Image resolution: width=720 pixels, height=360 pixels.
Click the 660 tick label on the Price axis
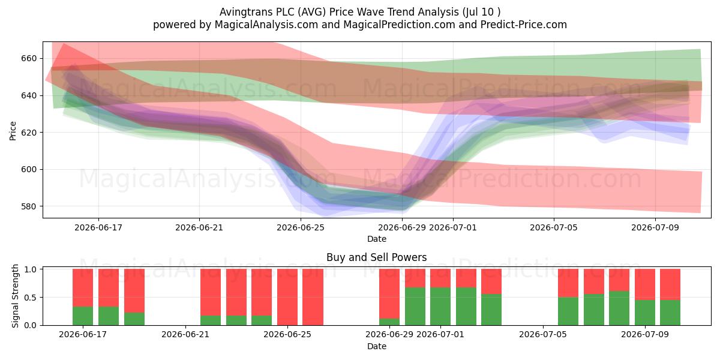[29, 59]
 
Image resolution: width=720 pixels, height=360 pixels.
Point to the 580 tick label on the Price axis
[29, 206]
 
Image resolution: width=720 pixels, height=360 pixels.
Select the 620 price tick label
[29, 133]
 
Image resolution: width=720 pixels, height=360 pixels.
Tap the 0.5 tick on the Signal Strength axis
[31, 298]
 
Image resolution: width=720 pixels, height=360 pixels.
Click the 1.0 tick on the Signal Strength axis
[31, 269]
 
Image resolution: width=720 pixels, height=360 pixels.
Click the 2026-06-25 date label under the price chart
[301, 227]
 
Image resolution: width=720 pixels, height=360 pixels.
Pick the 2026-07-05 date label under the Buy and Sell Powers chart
[543, 334]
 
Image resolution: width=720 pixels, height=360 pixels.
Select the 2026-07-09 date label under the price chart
[655, 227]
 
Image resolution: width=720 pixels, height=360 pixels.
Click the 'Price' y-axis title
[13, 131]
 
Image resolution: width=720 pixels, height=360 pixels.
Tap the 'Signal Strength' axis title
[15, 296]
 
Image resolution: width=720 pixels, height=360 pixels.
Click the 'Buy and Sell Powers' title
[376, 257]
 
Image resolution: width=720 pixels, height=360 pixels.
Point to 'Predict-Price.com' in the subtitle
[524, 25]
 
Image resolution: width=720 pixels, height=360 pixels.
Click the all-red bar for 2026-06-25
[287, 297]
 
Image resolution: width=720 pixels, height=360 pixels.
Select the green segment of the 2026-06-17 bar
[83, 316]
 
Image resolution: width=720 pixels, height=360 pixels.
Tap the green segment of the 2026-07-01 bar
[440, 307]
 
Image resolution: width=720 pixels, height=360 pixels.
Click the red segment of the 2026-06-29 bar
[389, 294]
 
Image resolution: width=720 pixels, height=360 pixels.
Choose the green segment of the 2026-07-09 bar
[645, 313]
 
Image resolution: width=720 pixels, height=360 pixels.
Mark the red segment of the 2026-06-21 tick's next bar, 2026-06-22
[211, 292]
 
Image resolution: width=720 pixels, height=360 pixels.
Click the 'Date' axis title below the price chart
[377, 239]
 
